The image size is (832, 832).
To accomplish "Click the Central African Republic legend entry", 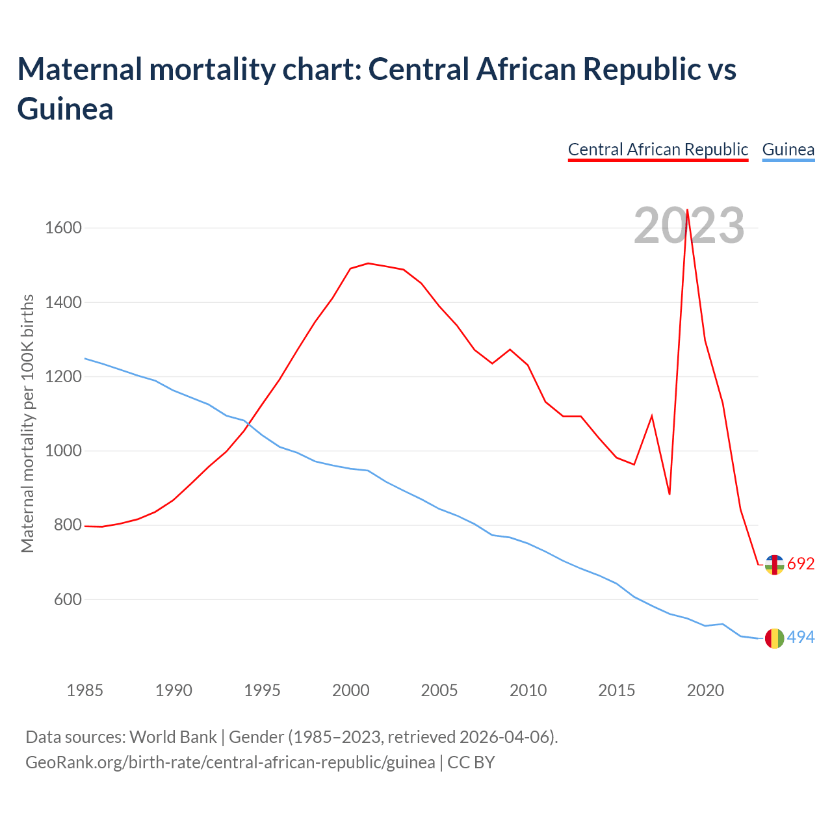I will click(658, 149).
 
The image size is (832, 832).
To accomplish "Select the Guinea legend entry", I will click(788, 149).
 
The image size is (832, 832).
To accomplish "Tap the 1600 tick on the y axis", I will click(63, 228).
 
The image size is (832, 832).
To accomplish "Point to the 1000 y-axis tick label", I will click(63, 451).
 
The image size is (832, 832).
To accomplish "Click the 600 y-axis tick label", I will click(68, 599).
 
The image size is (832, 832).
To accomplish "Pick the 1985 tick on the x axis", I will click(85, 690).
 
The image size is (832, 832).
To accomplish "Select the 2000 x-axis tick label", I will click(351, 690).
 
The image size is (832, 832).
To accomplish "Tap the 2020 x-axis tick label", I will click(705, 690).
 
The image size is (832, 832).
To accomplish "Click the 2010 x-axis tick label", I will click(528, 690).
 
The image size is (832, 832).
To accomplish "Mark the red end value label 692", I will click(801, 564).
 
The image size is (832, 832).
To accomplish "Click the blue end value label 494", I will click(801, 638).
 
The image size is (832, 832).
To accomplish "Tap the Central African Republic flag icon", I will click(774, 565).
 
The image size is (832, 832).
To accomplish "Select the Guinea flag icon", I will click(774, 638).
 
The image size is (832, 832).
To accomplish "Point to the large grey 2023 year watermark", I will click(689, 226).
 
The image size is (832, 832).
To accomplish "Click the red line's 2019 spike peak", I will click(687, 209).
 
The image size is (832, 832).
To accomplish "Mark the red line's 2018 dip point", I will click(669, 494).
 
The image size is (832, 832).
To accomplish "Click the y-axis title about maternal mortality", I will click(27, 424).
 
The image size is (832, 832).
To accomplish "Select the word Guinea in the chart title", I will click(66, 109).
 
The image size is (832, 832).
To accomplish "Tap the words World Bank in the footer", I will click(173, 737).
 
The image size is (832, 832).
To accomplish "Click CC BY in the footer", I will click(471, 762).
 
